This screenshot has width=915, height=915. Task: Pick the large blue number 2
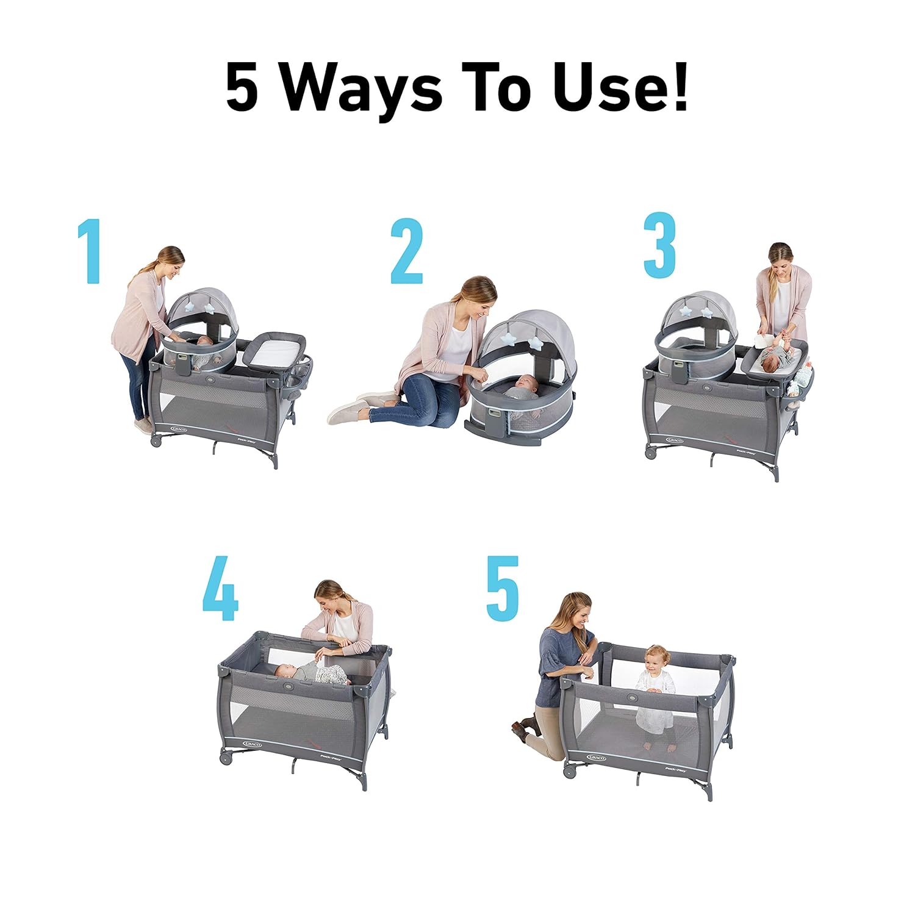pos(406,252)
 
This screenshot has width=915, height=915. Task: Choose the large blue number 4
pos(220,590)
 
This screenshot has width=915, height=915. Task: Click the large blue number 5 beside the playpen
pos(503,588)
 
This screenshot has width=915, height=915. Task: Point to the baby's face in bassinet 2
pos(524,383)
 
